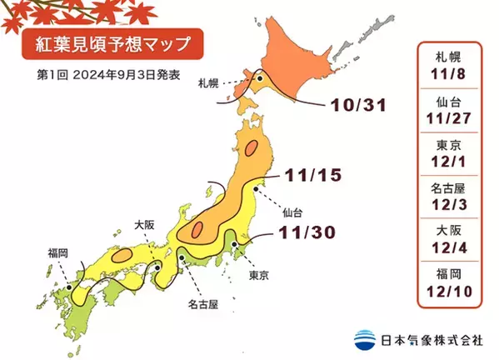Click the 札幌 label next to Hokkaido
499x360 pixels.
208,83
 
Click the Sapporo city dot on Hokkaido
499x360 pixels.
258,80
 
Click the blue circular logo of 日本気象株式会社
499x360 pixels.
364,338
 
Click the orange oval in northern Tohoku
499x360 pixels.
253,151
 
